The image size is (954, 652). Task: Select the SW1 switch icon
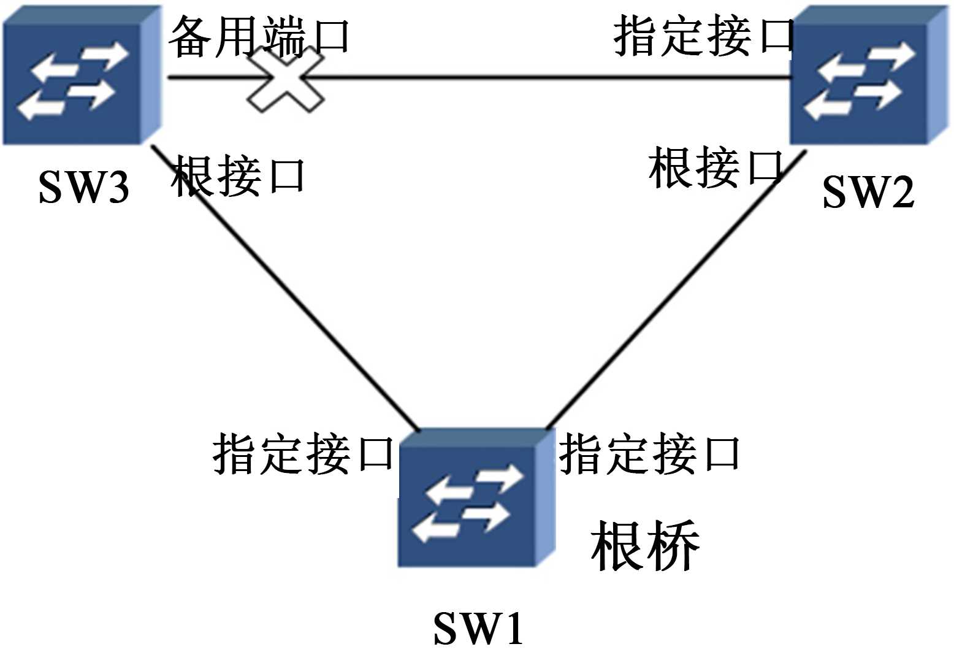pyautogui.click(x=476, y=498)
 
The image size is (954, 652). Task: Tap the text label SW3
pyautogui.click(x=84, y=187)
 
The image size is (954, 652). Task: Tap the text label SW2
pyautogui.click(x=868, y=191)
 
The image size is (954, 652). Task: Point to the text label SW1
pyautogui.click(x=478, y=628)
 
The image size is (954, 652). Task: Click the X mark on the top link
pyautogui.click(x=286, y=80)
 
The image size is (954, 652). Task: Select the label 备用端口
pyautogui.click(x=259, y=37)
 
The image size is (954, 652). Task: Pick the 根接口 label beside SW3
pyautogui.click(x=238, y=175)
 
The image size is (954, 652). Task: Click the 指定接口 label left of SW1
pyautogui.click(x=303, y=454)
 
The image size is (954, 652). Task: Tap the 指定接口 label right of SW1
pyautogui.click(x=649, y=454)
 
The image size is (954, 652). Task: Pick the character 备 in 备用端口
pyautogui.click(x=191, y=37)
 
